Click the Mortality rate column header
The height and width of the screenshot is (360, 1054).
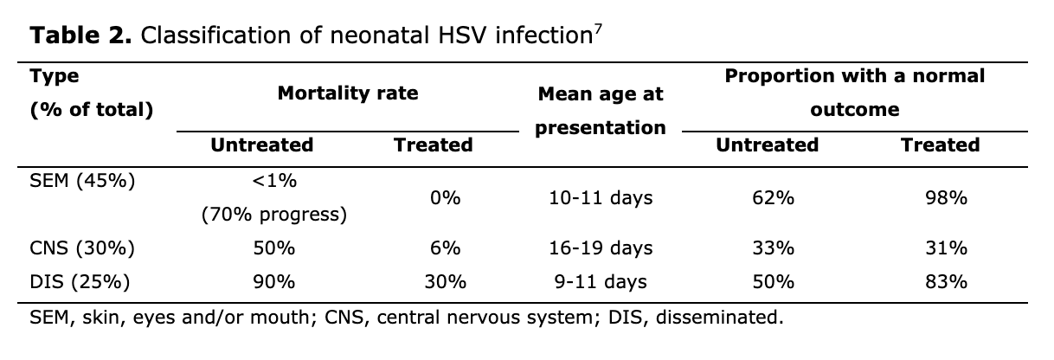click(x=347, y=93)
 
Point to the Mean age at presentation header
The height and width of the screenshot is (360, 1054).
click(x=600, y=111)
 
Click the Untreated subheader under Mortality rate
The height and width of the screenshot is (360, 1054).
click(x=261, y=145)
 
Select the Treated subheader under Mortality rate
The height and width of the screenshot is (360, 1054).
click(x=433, y=145)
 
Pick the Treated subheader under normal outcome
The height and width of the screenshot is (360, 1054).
click(x=940, y=145)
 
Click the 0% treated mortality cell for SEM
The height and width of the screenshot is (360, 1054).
click(x=445, y=198)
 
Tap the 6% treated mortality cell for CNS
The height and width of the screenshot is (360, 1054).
click(x=445, y=248)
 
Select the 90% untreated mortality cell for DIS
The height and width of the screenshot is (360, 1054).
click(x=274, y=282)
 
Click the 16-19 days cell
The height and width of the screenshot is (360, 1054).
click(x=600, y=248)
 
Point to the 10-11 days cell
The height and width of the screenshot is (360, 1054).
click(x=600, y=198)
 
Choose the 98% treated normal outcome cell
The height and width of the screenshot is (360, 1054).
click(x=945, y=198)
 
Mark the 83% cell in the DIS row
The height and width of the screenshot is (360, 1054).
click(x=945, y=282)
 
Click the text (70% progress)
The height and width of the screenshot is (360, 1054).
click(x=274, y=215)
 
